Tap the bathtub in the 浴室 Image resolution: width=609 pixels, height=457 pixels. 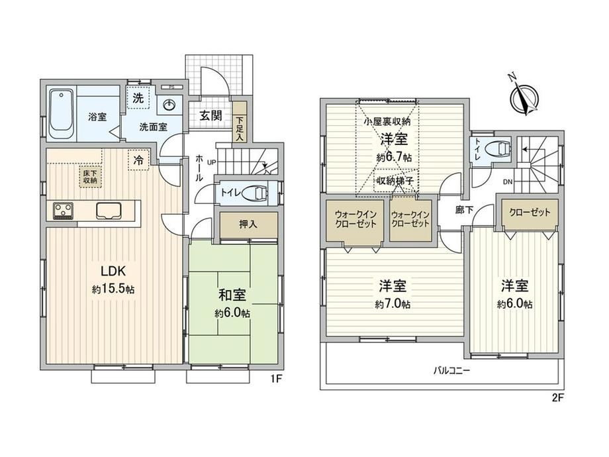tap(62, 115)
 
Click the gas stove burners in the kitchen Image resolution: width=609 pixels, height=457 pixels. tap(62, 211)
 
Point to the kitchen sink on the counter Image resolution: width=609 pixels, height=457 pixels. tap(109, 211)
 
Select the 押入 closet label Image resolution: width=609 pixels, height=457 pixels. tap(248, 225)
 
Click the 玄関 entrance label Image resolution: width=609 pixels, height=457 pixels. tap(211, 115)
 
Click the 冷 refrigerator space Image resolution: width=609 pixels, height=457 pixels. tap(138, 160)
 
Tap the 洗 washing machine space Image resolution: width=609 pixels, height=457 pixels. tap(138, 98)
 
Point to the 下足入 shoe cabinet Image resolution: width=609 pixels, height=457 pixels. tap(239, 123)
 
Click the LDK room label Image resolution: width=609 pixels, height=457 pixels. tap(113, 270)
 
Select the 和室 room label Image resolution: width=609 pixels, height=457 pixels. tap(232, 295)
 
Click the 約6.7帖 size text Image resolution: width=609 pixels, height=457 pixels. tap(394, 158)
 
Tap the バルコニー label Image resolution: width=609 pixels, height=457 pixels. tap(451, 370)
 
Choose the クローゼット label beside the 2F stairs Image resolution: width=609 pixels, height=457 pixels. tap(530, 212)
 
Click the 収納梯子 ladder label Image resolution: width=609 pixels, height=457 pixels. tap(395, 180)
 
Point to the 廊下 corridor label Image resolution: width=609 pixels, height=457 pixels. tap(464, 210)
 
